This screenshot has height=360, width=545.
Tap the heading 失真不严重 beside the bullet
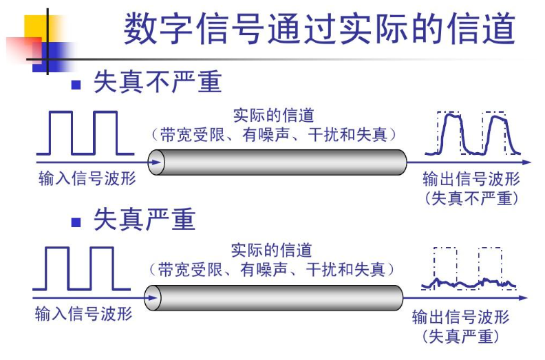click(x=158, y=83)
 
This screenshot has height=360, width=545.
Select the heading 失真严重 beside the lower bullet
click(x=145, y=220)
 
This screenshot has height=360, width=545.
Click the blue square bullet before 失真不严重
click(x=76, y=85)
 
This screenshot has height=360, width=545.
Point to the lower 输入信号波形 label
click(x=83, y=315)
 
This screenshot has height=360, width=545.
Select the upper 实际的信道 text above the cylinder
click(x=273, y=115)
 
